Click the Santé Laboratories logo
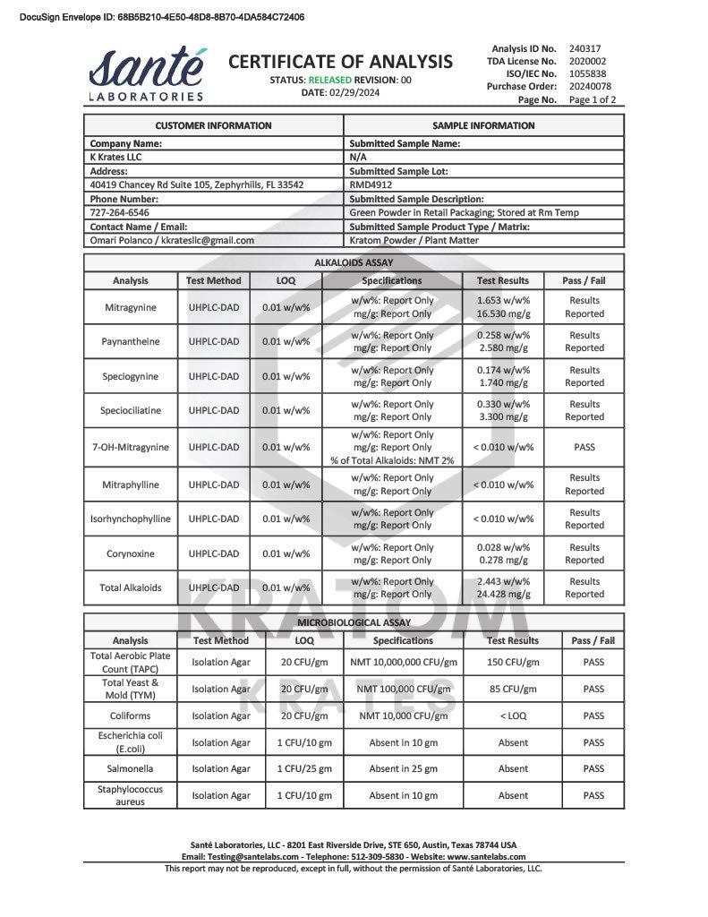(x=147, y=73)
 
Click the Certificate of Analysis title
(x=340, y=61)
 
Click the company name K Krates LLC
(x=115, y=157)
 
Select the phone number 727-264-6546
(x=119, y=213)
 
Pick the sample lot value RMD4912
(x=371, y=184)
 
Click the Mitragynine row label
(x=131, y=307)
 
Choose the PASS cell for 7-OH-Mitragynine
(x=584, y=447)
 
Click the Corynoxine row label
(x=131, y=553)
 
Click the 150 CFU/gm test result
(x=513, y=662)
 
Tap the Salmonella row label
(x=131, y=768)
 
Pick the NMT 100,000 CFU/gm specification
(x=403, y=689)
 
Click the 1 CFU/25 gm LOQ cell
(x=304, y=768)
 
